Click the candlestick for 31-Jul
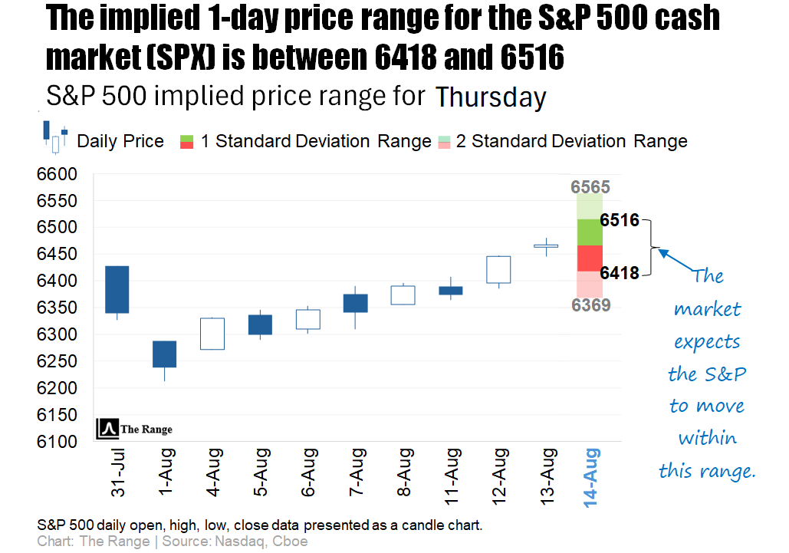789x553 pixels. [x=117, y=289]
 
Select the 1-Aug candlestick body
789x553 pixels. [x=164, y=354]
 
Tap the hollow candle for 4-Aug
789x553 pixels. [x=212, y=334]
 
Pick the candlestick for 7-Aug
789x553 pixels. [x=355, y=303]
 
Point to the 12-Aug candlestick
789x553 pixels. [x=498, y=269]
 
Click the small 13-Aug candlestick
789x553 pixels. [x=546, y=246]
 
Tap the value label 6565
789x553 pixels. [x=590, y=187]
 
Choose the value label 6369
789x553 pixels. [x=590, y=305]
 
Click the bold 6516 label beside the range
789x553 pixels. [x=620, y=221]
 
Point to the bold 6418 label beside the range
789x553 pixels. [x=620, y=273]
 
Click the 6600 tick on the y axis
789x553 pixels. [x=57, y=175]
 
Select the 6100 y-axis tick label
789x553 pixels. [x=57, y=442]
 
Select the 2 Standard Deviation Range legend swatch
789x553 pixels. [x=445, y=141]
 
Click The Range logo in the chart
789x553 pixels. [x=135, y=430]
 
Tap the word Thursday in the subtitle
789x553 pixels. [x=491, y=98]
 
